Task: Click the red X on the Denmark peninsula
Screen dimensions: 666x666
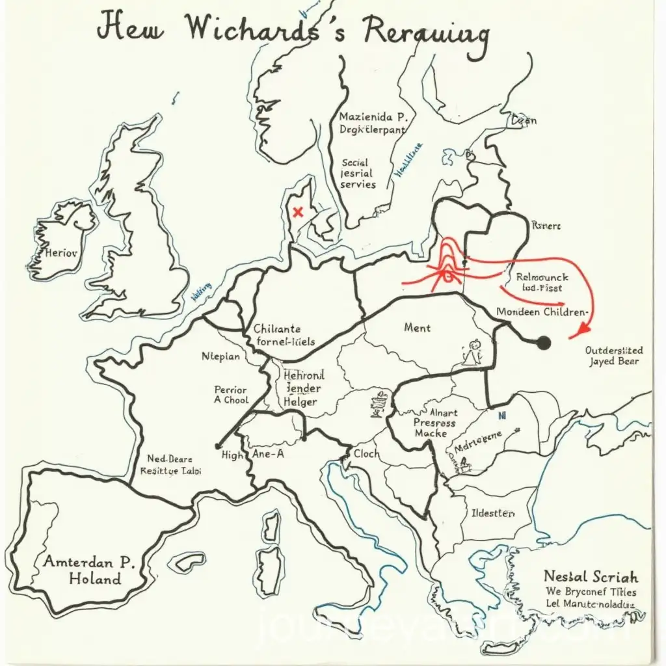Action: (298, 211)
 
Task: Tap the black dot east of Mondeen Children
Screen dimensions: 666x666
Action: (544, 343)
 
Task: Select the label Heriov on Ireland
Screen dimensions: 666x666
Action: (61, 252)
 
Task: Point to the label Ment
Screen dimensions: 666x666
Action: (417, 327)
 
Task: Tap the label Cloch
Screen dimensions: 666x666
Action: (367, 454)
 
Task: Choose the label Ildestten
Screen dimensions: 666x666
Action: (492, 513)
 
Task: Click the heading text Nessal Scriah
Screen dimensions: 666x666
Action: (591, 576)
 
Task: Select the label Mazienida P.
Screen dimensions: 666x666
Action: (373, 117)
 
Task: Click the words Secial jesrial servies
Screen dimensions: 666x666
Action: (358, 174)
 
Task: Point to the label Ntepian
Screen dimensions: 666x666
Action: (220, 356)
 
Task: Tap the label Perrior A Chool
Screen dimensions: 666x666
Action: (231, 395)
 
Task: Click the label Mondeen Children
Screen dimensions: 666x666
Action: (542, 312)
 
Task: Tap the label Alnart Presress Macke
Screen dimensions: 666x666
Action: (434, 423)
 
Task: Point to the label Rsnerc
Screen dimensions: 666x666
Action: (546, 226)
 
